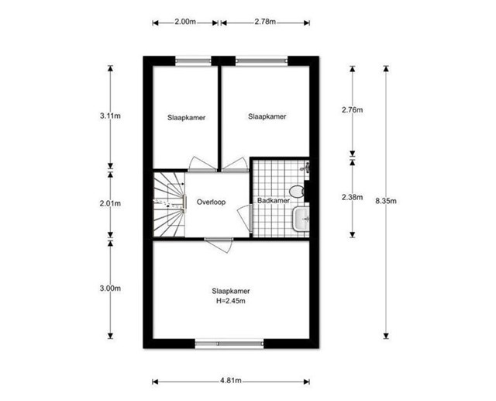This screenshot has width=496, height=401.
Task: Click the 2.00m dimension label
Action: click(185, 22)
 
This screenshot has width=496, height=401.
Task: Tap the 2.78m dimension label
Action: click(265, 22)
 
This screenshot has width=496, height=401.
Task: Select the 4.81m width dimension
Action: click(231, 380)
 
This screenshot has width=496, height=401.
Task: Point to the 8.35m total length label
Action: click(386, 201)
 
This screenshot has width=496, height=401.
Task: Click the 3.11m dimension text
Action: click(110, 116)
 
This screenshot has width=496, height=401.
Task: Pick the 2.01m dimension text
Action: click(110, 203)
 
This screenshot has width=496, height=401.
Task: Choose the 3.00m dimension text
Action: click(110, 289)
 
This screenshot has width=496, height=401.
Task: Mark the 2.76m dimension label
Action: click(352, 110)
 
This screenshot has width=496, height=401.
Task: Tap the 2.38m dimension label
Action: click(352, 197)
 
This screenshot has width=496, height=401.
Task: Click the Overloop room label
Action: click(211, 202)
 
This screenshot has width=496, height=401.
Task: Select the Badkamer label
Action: click(274, 201)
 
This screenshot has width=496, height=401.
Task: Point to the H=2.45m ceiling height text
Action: click(231, 301)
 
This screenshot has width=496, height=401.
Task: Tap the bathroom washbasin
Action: click(301, 219)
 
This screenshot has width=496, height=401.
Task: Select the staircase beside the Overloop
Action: click(169, 204)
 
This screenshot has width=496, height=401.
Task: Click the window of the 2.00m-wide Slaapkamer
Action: click(193, 61)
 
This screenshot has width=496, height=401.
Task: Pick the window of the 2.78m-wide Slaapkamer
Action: click(262, 61)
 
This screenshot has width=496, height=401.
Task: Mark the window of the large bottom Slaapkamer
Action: click(229, 344)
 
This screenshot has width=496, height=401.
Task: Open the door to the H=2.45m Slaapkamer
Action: click(219, 244)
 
